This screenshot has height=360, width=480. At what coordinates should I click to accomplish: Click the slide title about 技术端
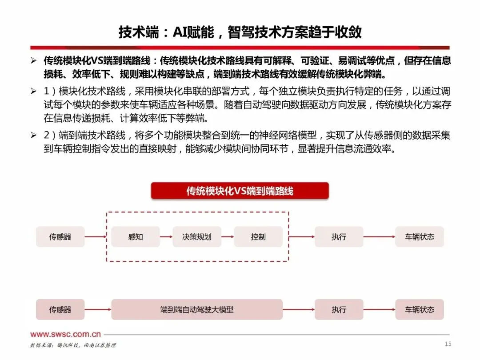pyautogui.click(x=240, y=32)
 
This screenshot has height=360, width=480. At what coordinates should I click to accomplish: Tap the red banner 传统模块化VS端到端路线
pyautogui.click(x=240, y=191)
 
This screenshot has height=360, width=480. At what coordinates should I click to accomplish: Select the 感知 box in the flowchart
pyautogui.click(x=136, y=237)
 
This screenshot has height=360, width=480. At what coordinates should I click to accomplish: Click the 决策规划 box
pyautogui.click(x=197, y=237)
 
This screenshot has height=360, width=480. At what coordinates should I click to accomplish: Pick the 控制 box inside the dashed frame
pyautogui.click(x=258, y=237)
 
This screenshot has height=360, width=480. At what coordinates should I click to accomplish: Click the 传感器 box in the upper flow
pyautogui.click(x=60, y=237)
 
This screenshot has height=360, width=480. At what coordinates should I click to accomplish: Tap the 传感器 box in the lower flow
pyautogui.click(x=60, y=309)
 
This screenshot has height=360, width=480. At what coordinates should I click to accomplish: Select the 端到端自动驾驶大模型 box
pyautogui.click(x=197, y=309)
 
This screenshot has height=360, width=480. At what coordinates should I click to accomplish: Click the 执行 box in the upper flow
pyautogui.click(x=339, y=237)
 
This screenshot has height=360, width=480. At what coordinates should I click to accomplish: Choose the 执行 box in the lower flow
pyautogui.click(x=339, y=309)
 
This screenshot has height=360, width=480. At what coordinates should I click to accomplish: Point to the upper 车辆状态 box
pyautogui.click(x=419, y=237)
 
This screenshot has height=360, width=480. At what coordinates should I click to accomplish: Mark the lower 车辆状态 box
pyautogui.click(x=419, y=309)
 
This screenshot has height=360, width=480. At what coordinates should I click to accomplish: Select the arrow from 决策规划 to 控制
pyautogui.click(x=227, y=237)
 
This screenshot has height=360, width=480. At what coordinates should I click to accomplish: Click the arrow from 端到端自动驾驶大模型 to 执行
pyautogui.click(x=298, y=309)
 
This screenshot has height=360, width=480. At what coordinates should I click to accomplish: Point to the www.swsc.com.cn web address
pyautogui.click(x=65, y=334)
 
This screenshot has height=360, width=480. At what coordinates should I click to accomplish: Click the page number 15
pyautogui.click(x=448, y=344)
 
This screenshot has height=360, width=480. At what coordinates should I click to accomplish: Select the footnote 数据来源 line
pyautogui.click(x=73, y=345)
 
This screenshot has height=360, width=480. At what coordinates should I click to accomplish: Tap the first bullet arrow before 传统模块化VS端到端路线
pyautogui.click(x=33, y=60)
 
